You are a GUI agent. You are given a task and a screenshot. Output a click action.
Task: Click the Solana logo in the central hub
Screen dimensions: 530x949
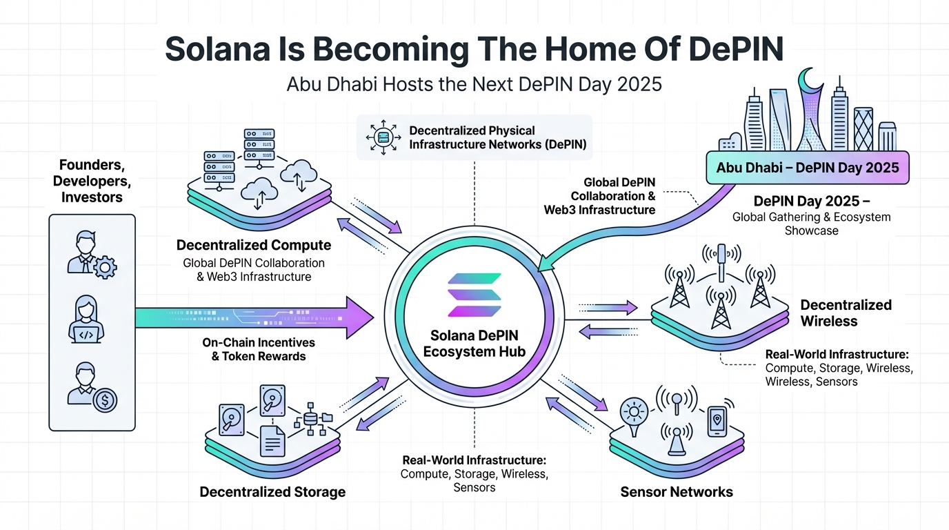(474, 295)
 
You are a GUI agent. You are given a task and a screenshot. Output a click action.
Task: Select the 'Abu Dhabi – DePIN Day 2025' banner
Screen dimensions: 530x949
(807, 168)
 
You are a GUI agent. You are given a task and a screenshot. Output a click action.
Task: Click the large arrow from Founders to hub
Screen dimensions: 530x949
(255, 317)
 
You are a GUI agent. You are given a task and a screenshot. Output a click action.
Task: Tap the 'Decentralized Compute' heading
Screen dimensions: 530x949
(254, 245)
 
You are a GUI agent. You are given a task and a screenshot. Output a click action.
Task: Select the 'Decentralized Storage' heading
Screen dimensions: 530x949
(272, 492)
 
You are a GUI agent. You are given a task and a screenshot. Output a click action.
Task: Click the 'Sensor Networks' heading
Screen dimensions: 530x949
(676, 492)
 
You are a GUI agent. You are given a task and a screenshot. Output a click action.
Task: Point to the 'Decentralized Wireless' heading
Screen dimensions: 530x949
(846, 313)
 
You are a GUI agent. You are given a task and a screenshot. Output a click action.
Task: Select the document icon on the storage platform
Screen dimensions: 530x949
(272, 440)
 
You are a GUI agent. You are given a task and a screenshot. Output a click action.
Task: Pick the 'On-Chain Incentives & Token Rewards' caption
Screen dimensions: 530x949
(258, 349)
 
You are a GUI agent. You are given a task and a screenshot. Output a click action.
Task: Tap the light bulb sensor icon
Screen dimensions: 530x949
(633, 413)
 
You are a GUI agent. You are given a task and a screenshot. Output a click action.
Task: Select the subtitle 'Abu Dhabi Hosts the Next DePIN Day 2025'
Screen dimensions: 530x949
(474, 84)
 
